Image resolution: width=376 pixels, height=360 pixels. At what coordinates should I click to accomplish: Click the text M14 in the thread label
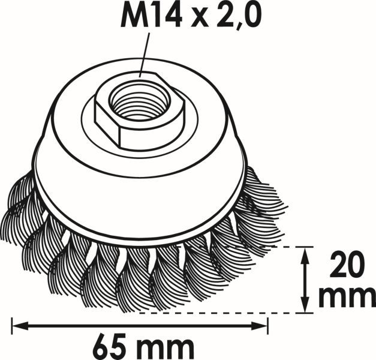151,15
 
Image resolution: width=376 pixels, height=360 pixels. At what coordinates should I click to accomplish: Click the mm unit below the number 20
347,298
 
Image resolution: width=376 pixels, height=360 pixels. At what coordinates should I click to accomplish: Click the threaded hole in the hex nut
139,100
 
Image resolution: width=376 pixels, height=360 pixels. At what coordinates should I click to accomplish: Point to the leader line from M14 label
145,55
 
